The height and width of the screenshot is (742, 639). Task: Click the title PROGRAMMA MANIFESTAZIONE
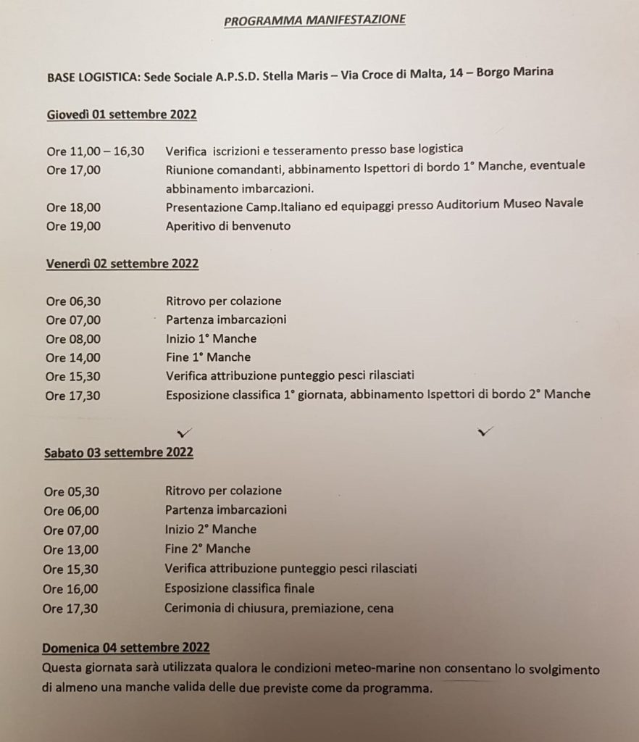[314, 20]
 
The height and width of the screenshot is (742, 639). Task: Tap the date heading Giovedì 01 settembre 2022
[122, 114]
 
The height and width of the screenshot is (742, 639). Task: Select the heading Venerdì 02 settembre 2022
[122, 264]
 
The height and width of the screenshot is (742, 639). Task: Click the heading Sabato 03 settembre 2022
[118, 453]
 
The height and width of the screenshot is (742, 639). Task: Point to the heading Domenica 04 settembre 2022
[126, 647]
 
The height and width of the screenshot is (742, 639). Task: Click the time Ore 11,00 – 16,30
[95, 151]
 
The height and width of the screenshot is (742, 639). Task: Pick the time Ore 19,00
[73, 226]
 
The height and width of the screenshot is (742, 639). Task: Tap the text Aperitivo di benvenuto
[227, 226]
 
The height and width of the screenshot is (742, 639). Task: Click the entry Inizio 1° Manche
[211, 338]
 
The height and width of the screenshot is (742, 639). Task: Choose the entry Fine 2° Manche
[208, 549]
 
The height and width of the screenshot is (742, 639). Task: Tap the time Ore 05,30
[72, 492]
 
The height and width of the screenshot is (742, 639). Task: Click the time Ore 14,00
[73, 358]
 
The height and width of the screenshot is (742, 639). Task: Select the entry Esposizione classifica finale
[240, 588]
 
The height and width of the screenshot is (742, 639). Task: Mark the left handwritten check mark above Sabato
[184, 433]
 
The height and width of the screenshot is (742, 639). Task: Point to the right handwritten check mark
[485, 432]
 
